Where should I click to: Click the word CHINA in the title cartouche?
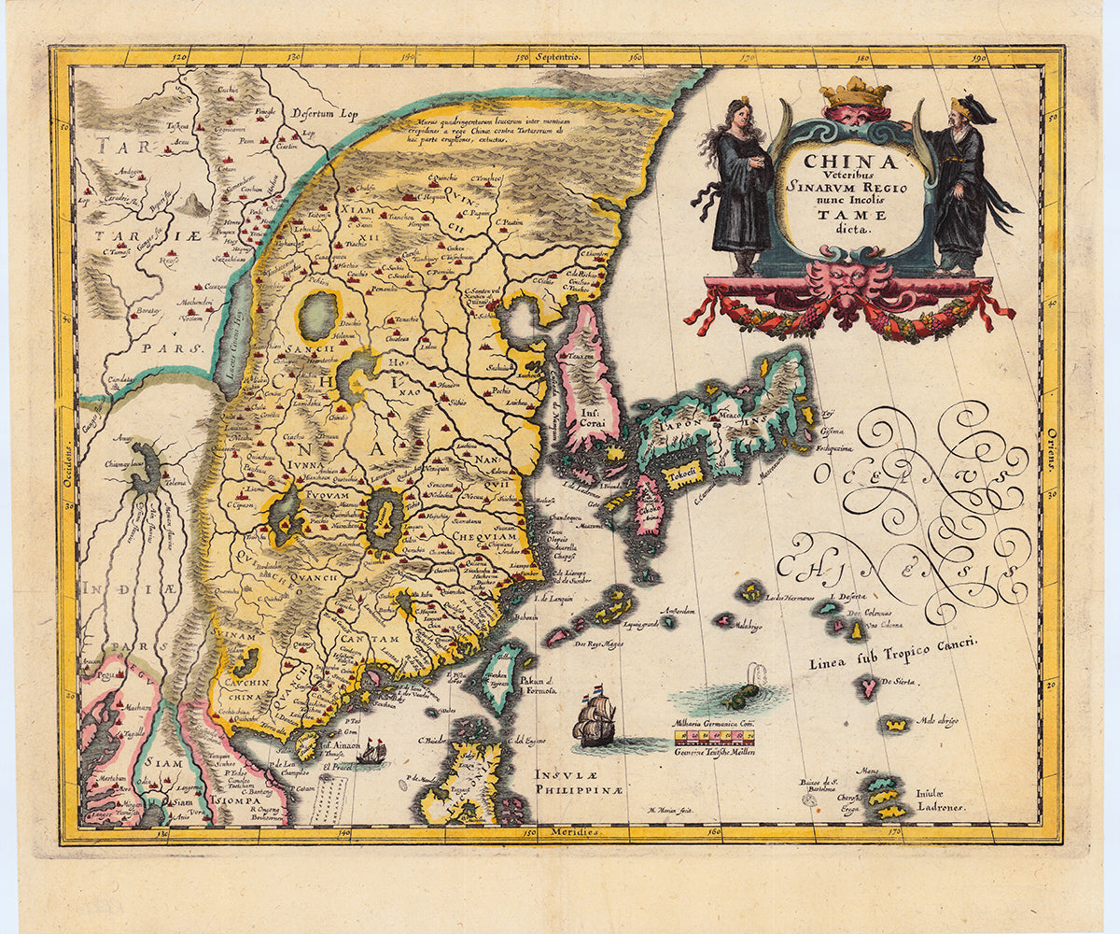coord(850,162)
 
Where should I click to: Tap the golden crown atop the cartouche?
coord(855,92)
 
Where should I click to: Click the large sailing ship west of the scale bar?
coord(595,720)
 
